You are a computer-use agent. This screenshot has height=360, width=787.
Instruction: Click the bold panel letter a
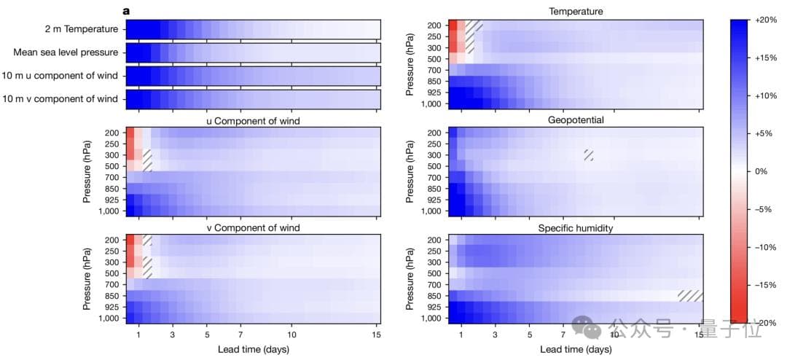pos(127,11)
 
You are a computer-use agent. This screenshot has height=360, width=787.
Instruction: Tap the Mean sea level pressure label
pos(66,52)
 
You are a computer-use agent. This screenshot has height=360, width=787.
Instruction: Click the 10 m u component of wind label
pos(63,76)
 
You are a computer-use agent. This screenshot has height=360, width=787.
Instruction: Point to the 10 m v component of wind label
pos(63,99)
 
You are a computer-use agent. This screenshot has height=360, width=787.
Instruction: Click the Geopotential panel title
pos(576,120)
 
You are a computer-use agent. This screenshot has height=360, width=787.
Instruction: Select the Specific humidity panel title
pos(576,228)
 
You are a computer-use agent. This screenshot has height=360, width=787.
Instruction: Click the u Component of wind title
pos(253,120)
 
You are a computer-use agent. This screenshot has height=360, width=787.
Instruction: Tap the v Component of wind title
pos(253,228)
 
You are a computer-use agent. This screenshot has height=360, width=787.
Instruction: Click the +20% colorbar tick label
pos(767,19)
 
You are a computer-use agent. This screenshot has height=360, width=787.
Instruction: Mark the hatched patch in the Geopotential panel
pos(589,154)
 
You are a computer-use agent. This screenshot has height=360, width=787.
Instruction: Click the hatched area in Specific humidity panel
pos(690,296)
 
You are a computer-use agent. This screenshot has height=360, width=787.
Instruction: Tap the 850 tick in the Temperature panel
pos(432,81)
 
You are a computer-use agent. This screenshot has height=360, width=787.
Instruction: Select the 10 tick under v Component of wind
pos(291,335)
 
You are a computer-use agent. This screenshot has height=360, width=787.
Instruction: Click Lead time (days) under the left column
pos(253,349)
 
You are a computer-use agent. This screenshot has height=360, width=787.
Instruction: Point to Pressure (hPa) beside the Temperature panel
pos(410,64)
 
